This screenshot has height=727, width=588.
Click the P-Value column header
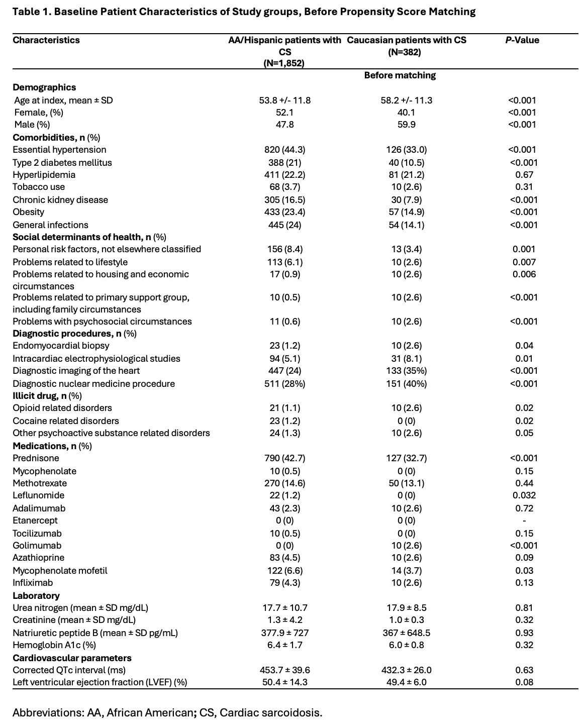coord(522,40)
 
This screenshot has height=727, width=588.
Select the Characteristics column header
coord(46,40)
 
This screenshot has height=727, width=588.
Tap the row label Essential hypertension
coord(59,150)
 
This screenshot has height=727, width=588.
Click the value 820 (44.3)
coord(284,150)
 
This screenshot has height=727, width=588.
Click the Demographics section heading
coord(44,87)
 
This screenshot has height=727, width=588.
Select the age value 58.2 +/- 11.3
coord(406,100)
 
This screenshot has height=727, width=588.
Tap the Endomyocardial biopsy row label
coord(61,346)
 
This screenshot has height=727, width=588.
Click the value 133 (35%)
coord(406,371)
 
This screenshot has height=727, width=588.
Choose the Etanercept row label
coord(35,521)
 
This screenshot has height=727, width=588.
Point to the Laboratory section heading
coord(36,596)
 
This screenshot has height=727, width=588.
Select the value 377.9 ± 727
coord(284,633)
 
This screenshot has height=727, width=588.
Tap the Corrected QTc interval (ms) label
coord(69,670)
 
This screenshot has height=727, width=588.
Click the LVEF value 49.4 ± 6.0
coord(406,682)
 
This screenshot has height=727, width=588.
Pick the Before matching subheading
coord(400,75)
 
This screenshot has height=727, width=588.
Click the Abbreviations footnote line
coord(167,712)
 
